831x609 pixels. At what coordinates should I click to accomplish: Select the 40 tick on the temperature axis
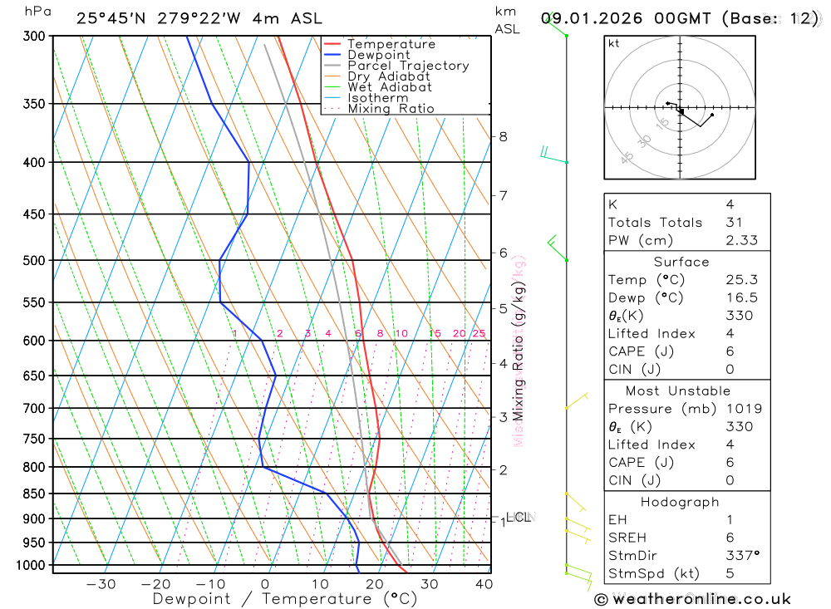pyautogui.click(x=484, y=584)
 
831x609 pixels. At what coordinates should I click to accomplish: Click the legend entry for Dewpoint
pyautogui.click(x=378, y=55)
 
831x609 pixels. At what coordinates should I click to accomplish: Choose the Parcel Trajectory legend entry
pyautogui.click(x=408, y=66)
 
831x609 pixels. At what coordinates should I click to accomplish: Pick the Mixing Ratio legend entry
pyautogui.click(x=391, y=108)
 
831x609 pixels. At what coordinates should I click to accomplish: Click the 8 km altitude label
pyautogui.click(x=504, y=136)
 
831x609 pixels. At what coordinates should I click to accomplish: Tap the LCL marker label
pyautogui.click(x=519, y=518)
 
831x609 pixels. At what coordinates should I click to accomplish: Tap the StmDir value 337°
pyautogui.click(x=743, y=555)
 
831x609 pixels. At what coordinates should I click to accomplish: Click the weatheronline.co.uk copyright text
pyautogui.click(x=692, y=599)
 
